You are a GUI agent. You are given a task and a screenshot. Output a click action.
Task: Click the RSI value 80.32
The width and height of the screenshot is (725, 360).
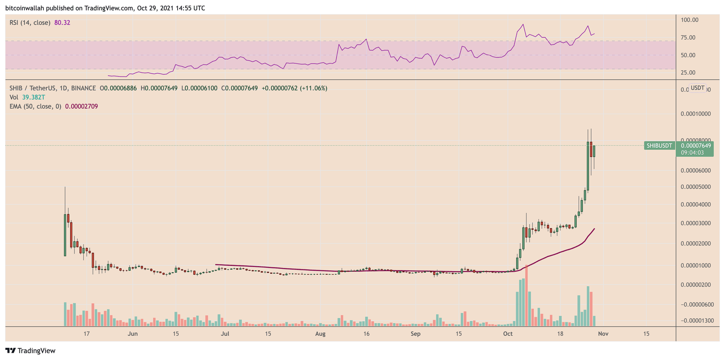62,23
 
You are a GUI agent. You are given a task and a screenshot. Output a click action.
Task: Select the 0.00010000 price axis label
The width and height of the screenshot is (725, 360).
696,114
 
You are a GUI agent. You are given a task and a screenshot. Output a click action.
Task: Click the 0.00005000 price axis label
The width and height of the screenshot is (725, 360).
696,187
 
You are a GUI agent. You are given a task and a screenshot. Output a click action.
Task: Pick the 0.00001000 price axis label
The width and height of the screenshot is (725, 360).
696,265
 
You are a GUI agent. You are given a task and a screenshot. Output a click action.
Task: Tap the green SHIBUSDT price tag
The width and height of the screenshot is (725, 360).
659,145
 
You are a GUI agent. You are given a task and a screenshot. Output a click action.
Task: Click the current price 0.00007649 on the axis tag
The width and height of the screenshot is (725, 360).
696,145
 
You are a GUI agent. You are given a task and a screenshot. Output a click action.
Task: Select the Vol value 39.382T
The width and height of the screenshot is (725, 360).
34,97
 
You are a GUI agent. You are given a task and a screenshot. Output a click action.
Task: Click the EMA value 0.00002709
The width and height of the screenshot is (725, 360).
82,106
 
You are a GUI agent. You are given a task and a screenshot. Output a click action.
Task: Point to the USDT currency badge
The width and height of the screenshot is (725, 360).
697,88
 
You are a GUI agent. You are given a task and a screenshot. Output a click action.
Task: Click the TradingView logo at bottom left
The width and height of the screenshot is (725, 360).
30,350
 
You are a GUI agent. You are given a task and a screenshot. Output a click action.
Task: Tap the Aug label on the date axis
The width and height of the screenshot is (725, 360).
320,334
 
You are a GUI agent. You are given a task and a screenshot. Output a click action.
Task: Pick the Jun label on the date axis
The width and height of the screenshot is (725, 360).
133,334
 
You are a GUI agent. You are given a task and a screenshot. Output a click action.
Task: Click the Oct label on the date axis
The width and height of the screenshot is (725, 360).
508,334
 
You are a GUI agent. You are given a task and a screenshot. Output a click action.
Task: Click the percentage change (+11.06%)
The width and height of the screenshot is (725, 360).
314,88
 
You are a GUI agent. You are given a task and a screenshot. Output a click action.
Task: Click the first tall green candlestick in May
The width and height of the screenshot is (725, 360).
65,235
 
